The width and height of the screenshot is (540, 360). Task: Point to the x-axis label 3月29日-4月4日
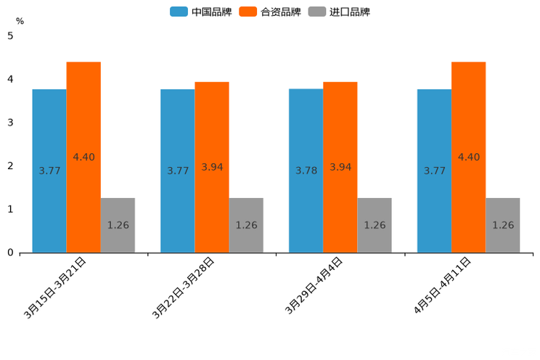tap(314, 286)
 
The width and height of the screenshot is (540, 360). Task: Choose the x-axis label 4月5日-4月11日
tap(442, 286)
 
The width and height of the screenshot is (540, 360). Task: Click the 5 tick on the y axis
tap(10, 36)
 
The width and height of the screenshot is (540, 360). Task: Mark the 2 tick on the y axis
tap(10, 166)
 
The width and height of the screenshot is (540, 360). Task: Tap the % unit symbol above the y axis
tap(20, 21)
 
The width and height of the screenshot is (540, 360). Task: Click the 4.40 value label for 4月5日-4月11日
tap(468, 157)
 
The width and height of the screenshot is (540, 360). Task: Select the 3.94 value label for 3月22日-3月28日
tap(212, 167)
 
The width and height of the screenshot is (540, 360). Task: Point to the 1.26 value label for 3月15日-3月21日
tap(118, 225)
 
